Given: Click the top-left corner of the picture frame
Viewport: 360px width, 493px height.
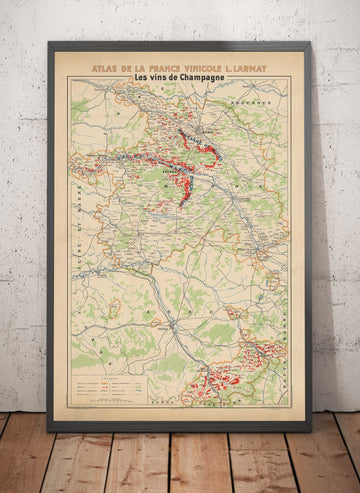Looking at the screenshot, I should point(49,43).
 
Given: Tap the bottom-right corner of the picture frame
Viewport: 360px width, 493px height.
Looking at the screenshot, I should point(310,430).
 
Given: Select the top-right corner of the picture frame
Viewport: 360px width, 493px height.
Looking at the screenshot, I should point(310,43).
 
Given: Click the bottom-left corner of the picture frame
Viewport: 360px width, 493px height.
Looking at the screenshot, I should point(49,430).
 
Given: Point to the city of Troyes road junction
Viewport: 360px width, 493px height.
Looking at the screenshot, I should point(174,325).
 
